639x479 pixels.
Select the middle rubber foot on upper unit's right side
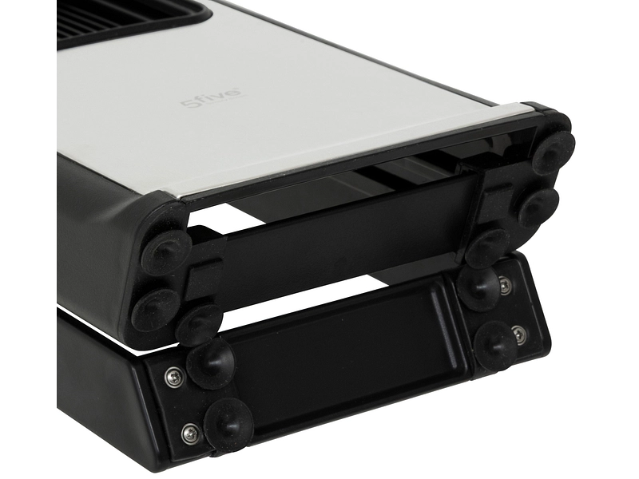[538, 206]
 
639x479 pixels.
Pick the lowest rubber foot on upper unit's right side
[488, 247]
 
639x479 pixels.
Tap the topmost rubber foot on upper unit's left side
[167, 252]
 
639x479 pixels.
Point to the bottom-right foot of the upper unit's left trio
[200, 323]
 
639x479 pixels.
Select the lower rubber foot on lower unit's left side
[228, 422]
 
